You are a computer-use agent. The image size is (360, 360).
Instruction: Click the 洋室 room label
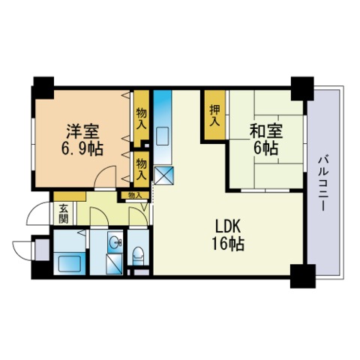83,132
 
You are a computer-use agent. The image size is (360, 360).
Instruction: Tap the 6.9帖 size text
82,149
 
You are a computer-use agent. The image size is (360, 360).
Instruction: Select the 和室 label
266,131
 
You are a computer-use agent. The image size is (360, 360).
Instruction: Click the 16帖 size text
228,244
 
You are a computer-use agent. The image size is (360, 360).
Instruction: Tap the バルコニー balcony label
323,184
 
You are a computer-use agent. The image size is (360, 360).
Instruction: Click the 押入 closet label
214,115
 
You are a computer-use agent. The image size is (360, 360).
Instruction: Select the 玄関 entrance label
64,214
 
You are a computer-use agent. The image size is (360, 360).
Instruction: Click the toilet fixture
138,255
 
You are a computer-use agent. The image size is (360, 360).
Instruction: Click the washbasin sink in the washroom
115,242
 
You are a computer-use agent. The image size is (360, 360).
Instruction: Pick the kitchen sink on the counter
162,136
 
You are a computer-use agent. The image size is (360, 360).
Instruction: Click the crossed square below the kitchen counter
163,175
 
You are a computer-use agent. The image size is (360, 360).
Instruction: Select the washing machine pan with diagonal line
114,264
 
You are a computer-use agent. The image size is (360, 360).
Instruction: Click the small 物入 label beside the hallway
135,195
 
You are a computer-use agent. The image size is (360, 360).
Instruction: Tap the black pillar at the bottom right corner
302,276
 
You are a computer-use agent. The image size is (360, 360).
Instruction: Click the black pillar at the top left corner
43,88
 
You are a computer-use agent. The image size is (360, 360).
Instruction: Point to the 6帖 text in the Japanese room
266,148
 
